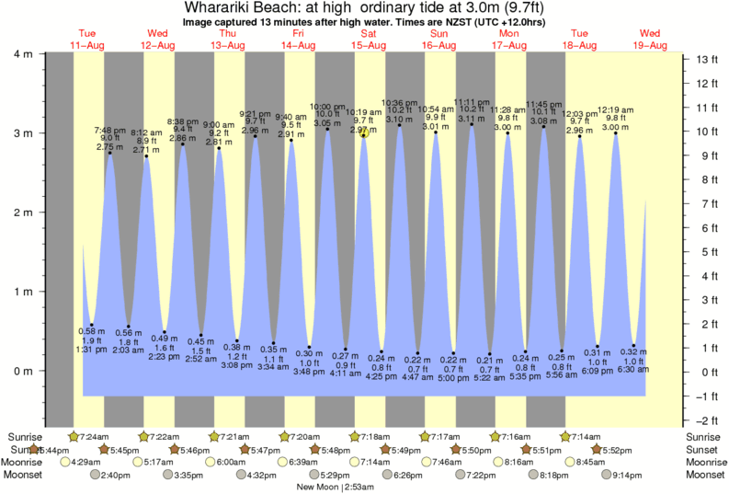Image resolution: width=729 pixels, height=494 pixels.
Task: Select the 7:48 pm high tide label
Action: point(110,131)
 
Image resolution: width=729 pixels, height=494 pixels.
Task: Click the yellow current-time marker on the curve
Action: point(365,132)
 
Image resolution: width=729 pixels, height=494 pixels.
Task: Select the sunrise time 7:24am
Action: point(96,435)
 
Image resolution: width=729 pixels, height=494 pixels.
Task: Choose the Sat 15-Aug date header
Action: point(366,40)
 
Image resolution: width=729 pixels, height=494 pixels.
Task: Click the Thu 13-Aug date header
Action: point(225,40)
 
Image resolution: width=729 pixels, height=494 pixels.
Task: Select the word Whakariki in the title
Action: point(234,7)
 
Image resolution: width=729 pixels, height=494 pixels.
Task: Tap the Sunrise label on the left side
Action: point(24,435)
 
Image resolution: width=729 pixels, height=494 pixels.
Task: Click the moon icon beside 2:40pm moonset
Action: point(95,475)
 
